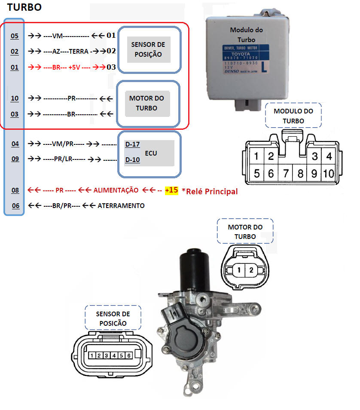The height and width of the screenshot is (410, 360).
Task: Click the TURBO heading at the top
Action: (24, 8)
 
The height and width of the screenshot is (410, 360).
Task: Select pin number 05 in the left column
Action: (15, 36)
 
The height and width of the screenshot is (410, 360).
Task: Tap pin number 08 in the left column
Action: (15, 190)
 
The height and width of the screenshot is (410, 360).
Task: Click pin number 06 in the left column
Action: (15, 205)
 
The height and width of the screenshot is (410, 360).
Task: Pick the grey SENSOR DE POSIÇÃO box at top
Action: (148, 49)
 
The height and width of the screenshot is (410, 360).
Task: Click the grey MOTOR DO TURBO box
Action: (147, 104)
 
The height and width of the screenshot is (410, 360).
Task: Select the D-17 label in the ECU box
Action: (132, 144)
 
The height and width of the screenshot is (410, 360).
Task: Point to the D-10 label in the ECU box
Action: (132, 160)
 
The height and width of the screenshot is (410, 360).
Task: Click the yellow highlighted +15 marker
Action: (171, 190)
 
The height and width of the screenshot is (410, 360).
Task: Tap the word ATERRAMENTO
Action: (121, 205)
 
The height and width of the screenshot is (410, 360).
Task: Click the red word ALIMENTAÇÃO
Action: (116, 190)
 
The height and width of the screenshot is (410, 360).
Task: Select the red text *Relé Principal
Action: (210, 191)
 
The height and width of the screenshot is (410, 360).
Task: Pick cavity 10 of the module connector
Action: (329, 174)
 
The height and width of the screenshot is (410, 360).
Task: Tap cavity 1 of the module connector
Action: (256, 156)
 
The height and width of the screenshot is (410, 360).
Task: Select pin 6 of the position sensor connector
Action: (128, 355)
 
